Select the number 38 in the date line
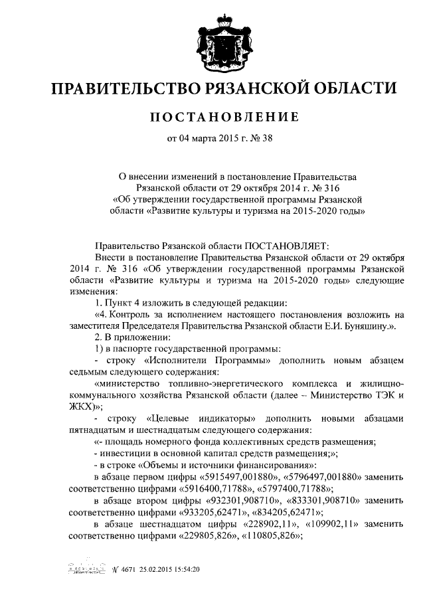pos(268,139)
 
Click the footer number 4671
pos(128,570)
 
